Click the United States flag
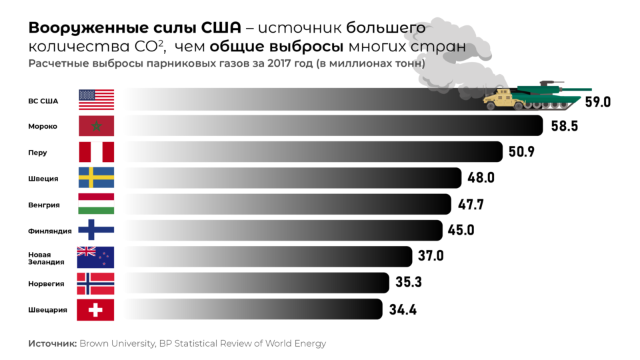point(96,99)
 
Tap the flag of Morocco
point(96,125)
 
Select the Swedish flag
point(96,178)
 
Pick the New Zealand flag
point(96,257)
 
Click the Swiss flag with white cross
point(96,310)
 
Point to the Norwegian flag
point(96,283)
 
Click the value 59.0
point(598,102)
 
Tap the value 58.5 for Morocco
point(564,125)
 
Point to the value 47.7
point(472,204)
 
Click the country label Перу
point(37,152)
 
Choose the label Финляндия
point(49,231)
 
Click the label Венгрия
point(44,205)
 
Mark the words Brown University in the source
point(117,343)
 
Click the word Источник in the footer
point(52,343)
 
